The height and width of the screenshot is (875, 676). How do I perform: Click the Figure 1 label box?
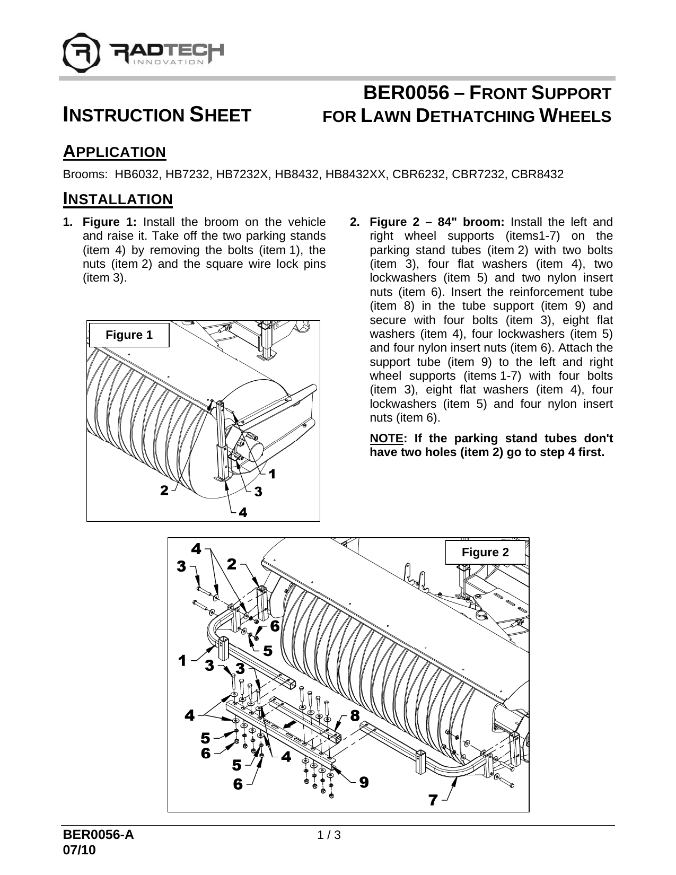coord(129,335)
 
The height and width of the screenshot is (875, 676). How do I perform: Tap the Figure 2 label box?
coord(485,553)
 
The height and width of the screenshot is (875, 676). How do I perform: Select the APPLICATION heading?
coord(115,152)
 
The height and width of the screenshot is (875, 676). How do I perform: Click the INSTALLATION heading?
coord(118,199)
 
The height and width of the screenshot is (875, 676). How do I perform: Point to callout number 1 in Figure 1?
coord(272,474)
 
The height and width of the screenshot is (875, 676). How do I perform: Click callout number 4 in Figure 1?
coord(243,512)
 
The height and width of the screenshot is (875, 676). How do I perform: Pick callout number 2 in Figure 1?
coord(165,491)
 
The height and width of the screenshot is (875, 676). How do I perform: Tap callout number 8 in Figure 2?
coord(355,715)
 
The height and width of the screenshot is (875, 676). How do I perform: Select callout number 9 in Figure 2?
coord(363,782)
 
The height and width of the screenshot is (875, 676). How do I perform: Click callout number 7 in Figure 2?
coord(433,800)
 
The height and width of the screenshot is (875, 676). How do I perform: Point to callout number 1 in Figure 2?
coord(182,661)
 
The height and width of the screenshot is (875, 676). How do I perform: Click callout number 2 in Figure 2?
coord(231,564)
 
